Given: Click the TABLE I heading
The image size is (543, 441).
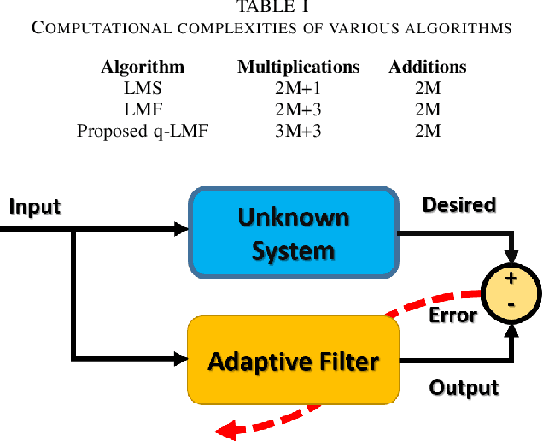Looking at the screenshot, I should (x=271, y=8).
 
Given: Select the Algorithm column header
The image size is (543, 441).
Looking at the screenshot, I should (x=143, y=67).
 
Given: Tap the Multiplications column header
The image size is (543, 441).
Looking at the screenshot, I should (x=298, y=67).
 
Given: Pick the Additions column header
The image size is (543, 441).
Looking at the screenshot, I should (x=427, y=67).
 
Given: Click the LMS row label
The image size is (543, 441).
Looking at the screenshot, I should (x=143, y=88).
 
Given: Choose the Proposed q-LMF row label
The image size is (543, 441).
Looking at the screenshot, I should (x=143, y=131).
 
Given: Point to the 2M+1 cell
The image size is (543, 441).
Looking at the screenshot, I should (x=298, y=88).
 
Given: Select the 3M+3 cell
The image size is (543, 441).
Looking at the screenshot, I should (x=298, y=131).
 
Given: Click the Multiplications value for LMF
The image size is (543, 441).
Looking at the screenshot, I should (x=298, y=109).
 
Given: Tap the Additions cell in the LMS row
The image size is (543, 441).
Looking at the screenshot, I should (x=427, y=88).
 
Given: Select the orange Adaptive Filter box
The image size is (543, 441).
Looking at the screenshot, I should (x=293, y=361).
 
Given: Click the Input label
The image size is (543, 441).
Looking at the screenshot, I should (x=34, y=207).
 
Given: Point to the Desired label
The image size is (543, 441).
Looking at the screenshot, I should (x=459, y=205).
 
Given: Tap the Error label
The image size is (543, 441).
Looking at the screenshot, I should (x=452, y=315).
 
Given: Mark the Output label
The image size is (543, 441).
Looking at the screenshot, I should (x=464, y=387).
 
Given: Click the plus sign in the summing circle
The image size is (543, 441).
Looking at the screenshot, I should (x=511, y=279).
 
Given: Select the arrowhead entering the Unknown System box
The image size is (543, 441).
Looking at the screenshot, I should (x=181, y=229).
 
